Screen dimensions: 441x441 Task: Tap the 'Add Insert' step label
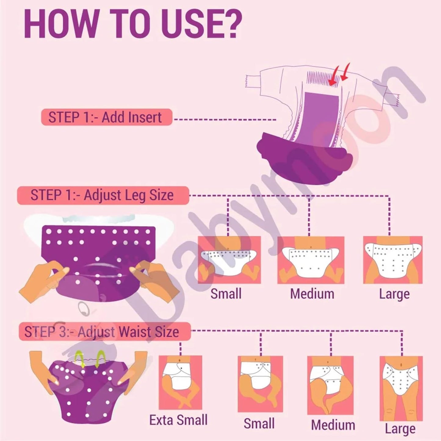107,117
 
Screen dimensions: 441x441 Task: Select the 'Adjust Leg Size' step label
103,195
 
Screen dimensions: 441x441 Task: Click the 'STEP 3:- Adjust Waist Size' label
104,332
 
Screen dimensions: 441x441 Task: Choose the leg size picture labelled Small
229,260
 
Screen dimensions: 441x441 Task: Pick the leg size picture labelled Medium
311,260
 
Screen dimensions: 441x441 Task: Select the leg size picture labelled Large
393,260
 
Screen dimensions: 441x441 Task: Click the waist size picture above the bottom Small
260,384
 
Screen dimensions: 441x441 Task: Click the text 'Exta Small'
178,420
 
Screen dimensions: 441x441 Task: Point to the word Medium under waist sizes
333,425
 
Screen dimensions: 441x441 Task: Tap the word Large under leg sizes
394,294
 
